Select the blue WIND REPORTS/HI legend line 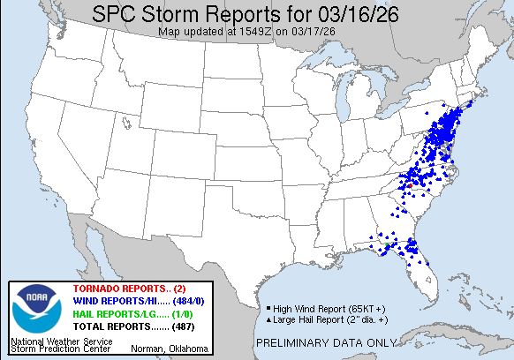click(x=124, y=302)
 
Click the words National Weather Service click(x=50, y=339)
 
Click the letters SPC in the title click(x=118, y=15)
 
